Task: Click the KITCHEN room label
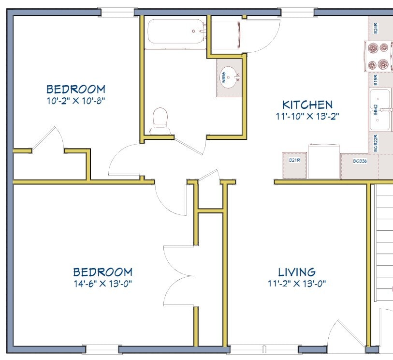(x=307, y=105)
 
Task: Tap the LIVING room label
(x=297, y=272)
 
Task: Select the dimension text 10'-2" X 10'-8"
(x=75, y=101)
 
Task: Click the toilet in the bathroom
(x=160, y=120)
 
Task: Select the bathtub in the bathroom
(x=176, y=31)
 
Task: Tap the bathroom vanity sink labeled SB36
(x=230, y=77)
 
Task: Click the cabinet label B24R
(x=376, y=29)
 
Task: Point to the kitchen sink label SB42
(x=375, y=110)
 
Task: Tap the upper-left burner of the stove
(x=373, y=47)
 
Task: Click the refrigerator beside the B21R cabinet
(x=324, y=162)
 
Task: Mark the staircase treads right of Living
(x=384, y=242)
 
